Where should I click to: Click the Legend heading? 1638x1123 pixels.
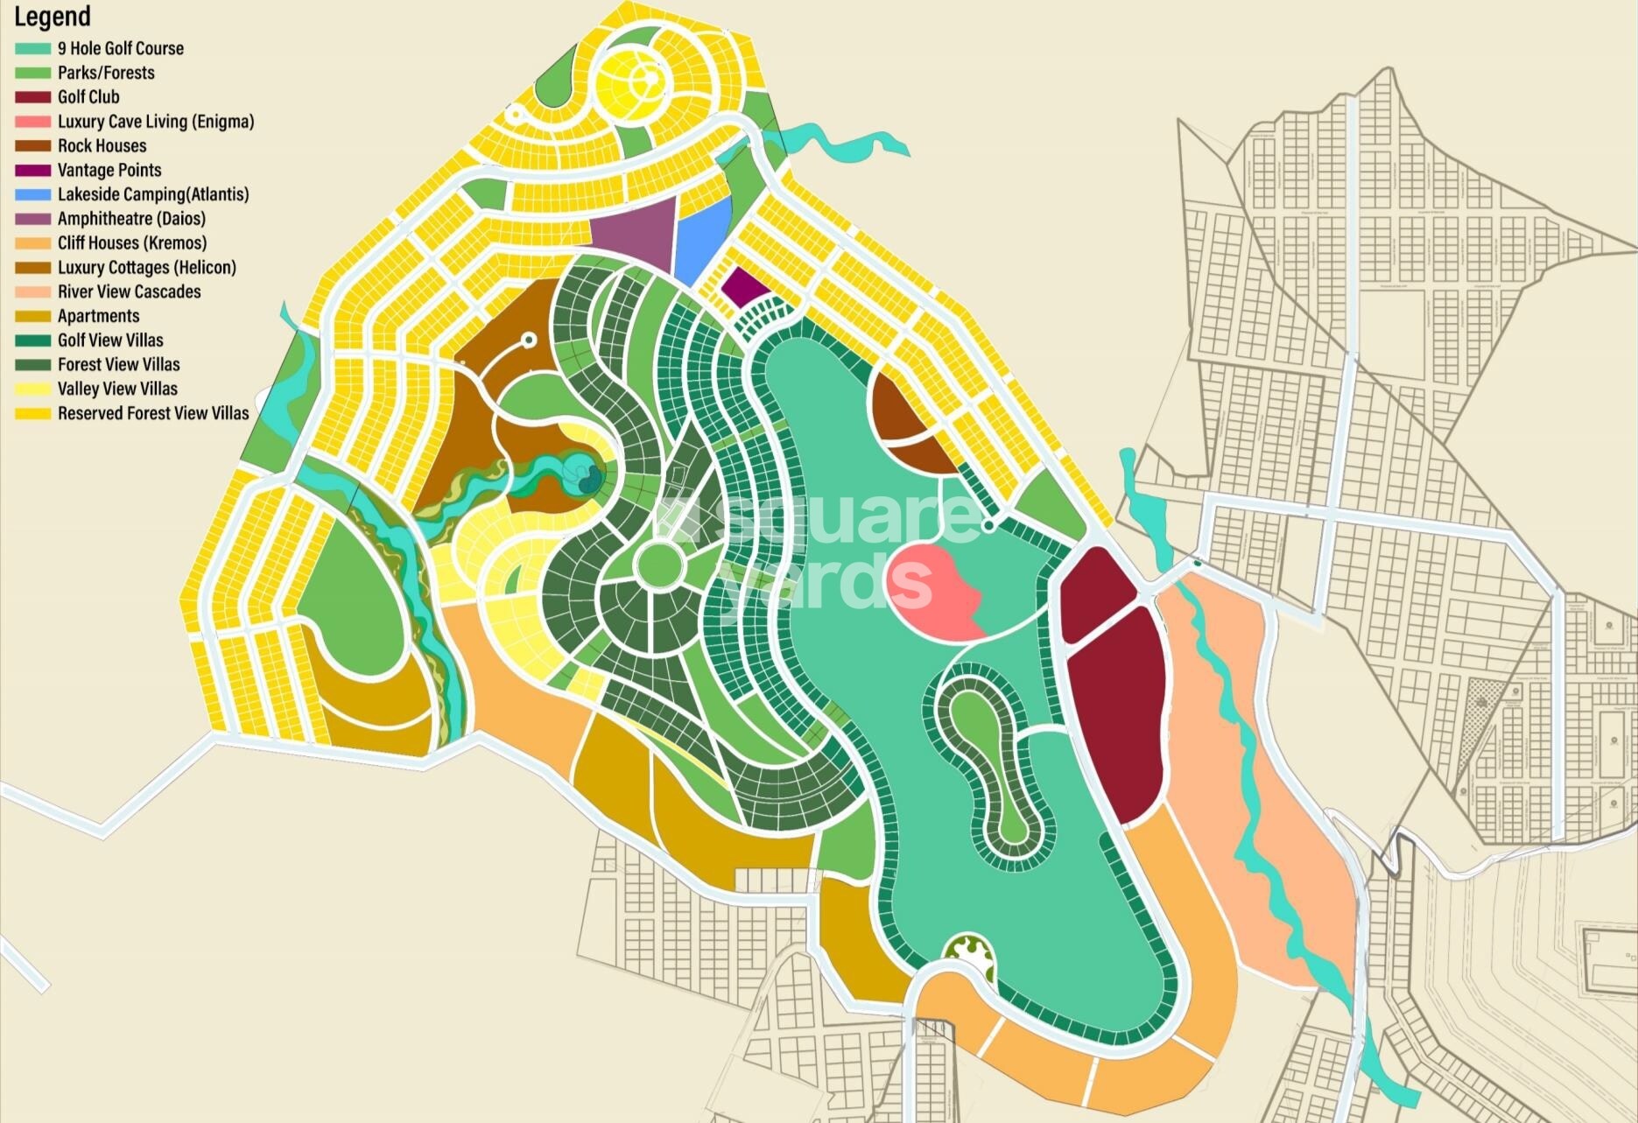click(53, 17)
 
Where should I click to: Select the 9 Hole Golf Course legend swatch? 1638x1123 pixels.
click(33, 49)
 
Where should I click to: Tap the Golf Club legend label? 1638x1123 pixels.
click(88, 97)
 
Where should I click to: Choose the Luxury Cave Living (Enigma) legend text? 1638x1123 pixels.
click(156, 122)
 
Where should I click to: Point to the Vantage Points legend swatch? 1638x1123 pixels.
click(33, 171)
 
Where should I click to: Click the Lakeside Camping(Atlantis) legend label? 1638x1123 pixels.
click(153, 194)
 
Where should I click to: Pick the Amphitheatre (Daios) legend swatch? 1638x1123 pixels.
click(33, 219)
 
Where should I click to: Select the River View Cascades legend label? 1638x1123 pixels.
click(129, 291)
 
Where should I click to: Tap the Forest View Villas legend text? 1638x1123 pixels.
click(118, 364)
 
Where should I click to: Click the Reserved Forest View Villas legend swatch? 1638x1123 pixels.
click(33, 413)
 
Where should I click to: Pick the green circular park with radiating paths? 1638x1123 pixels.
click(658, 565)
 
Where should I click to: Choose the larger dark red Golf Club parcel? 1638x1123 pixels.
click(1116, 709)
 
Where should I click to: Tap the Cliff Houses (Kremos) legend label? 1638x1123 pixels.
click(132, 243)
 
